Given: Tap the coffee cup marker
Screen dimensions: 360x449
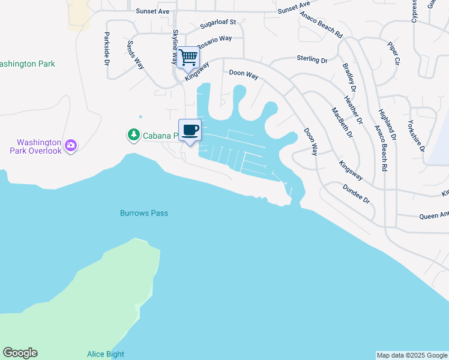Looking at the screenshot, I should (x=190, y=130).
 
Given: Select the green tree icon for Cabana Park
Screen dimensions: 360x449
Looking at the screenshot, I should (x=133, y=136).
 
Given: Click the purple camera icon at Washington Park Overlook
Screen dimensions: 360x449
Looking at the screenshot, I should (x=71, y=145).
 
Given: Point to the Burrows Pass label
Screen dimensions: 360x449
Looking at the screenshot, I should (x=144, y=213).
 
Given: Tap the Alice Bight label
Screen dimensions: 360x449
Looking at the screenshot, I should (x=106, y=354).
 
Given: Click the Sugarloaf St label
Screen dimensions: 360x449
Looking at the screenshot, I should (x=218, y=23).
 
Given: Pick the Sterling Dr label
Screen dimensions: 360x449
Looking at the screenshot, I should (x=312, y=59).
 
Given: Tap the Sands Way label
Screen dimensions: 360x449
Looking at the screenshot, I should (x=136, y=55).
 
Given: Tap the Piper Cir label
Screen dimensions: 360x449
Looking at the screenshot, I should (x=393, y=53).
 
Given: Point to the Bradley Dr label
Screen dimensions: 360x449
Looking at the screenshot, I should (x=349, y=77).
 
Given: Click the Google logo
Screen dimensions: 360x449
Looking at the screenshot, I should (x=20, y=353).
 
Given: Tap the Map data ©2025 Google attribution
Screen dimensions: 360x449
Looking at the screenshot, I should (x=412, y=355).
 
